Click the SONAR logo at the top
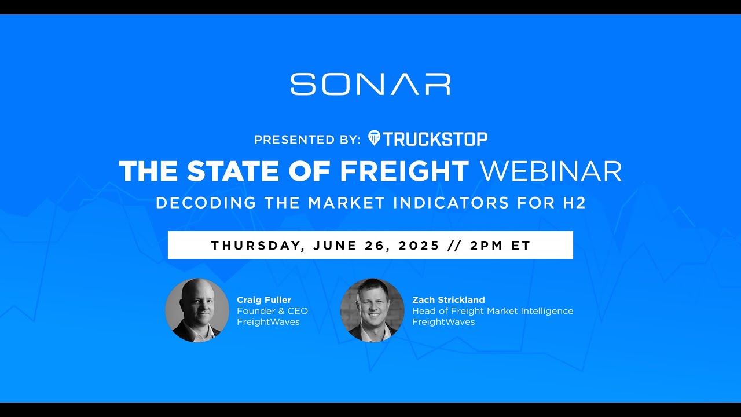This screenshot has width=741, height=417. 370,84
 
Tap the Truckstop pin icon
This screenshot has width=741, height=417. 374,138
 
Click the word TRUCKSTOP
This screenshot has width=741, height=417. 435,139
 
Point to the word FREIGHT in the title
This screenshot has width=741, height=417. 404,171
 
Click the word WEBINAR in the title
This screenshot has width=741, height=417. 551,171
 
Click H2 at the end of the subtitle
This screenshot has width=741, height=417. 574,203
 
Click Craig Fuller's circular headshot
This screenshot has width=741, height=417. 197,310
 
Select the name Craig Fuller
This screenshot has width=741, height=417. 264,300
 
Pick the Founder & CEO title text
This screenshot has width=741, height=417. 272,311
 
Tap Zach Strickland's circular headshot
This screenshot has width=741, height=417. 372,310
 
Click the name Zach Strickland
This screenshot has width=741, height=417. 448,300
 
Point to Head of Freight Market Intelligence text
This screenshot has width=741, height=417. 492,311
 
